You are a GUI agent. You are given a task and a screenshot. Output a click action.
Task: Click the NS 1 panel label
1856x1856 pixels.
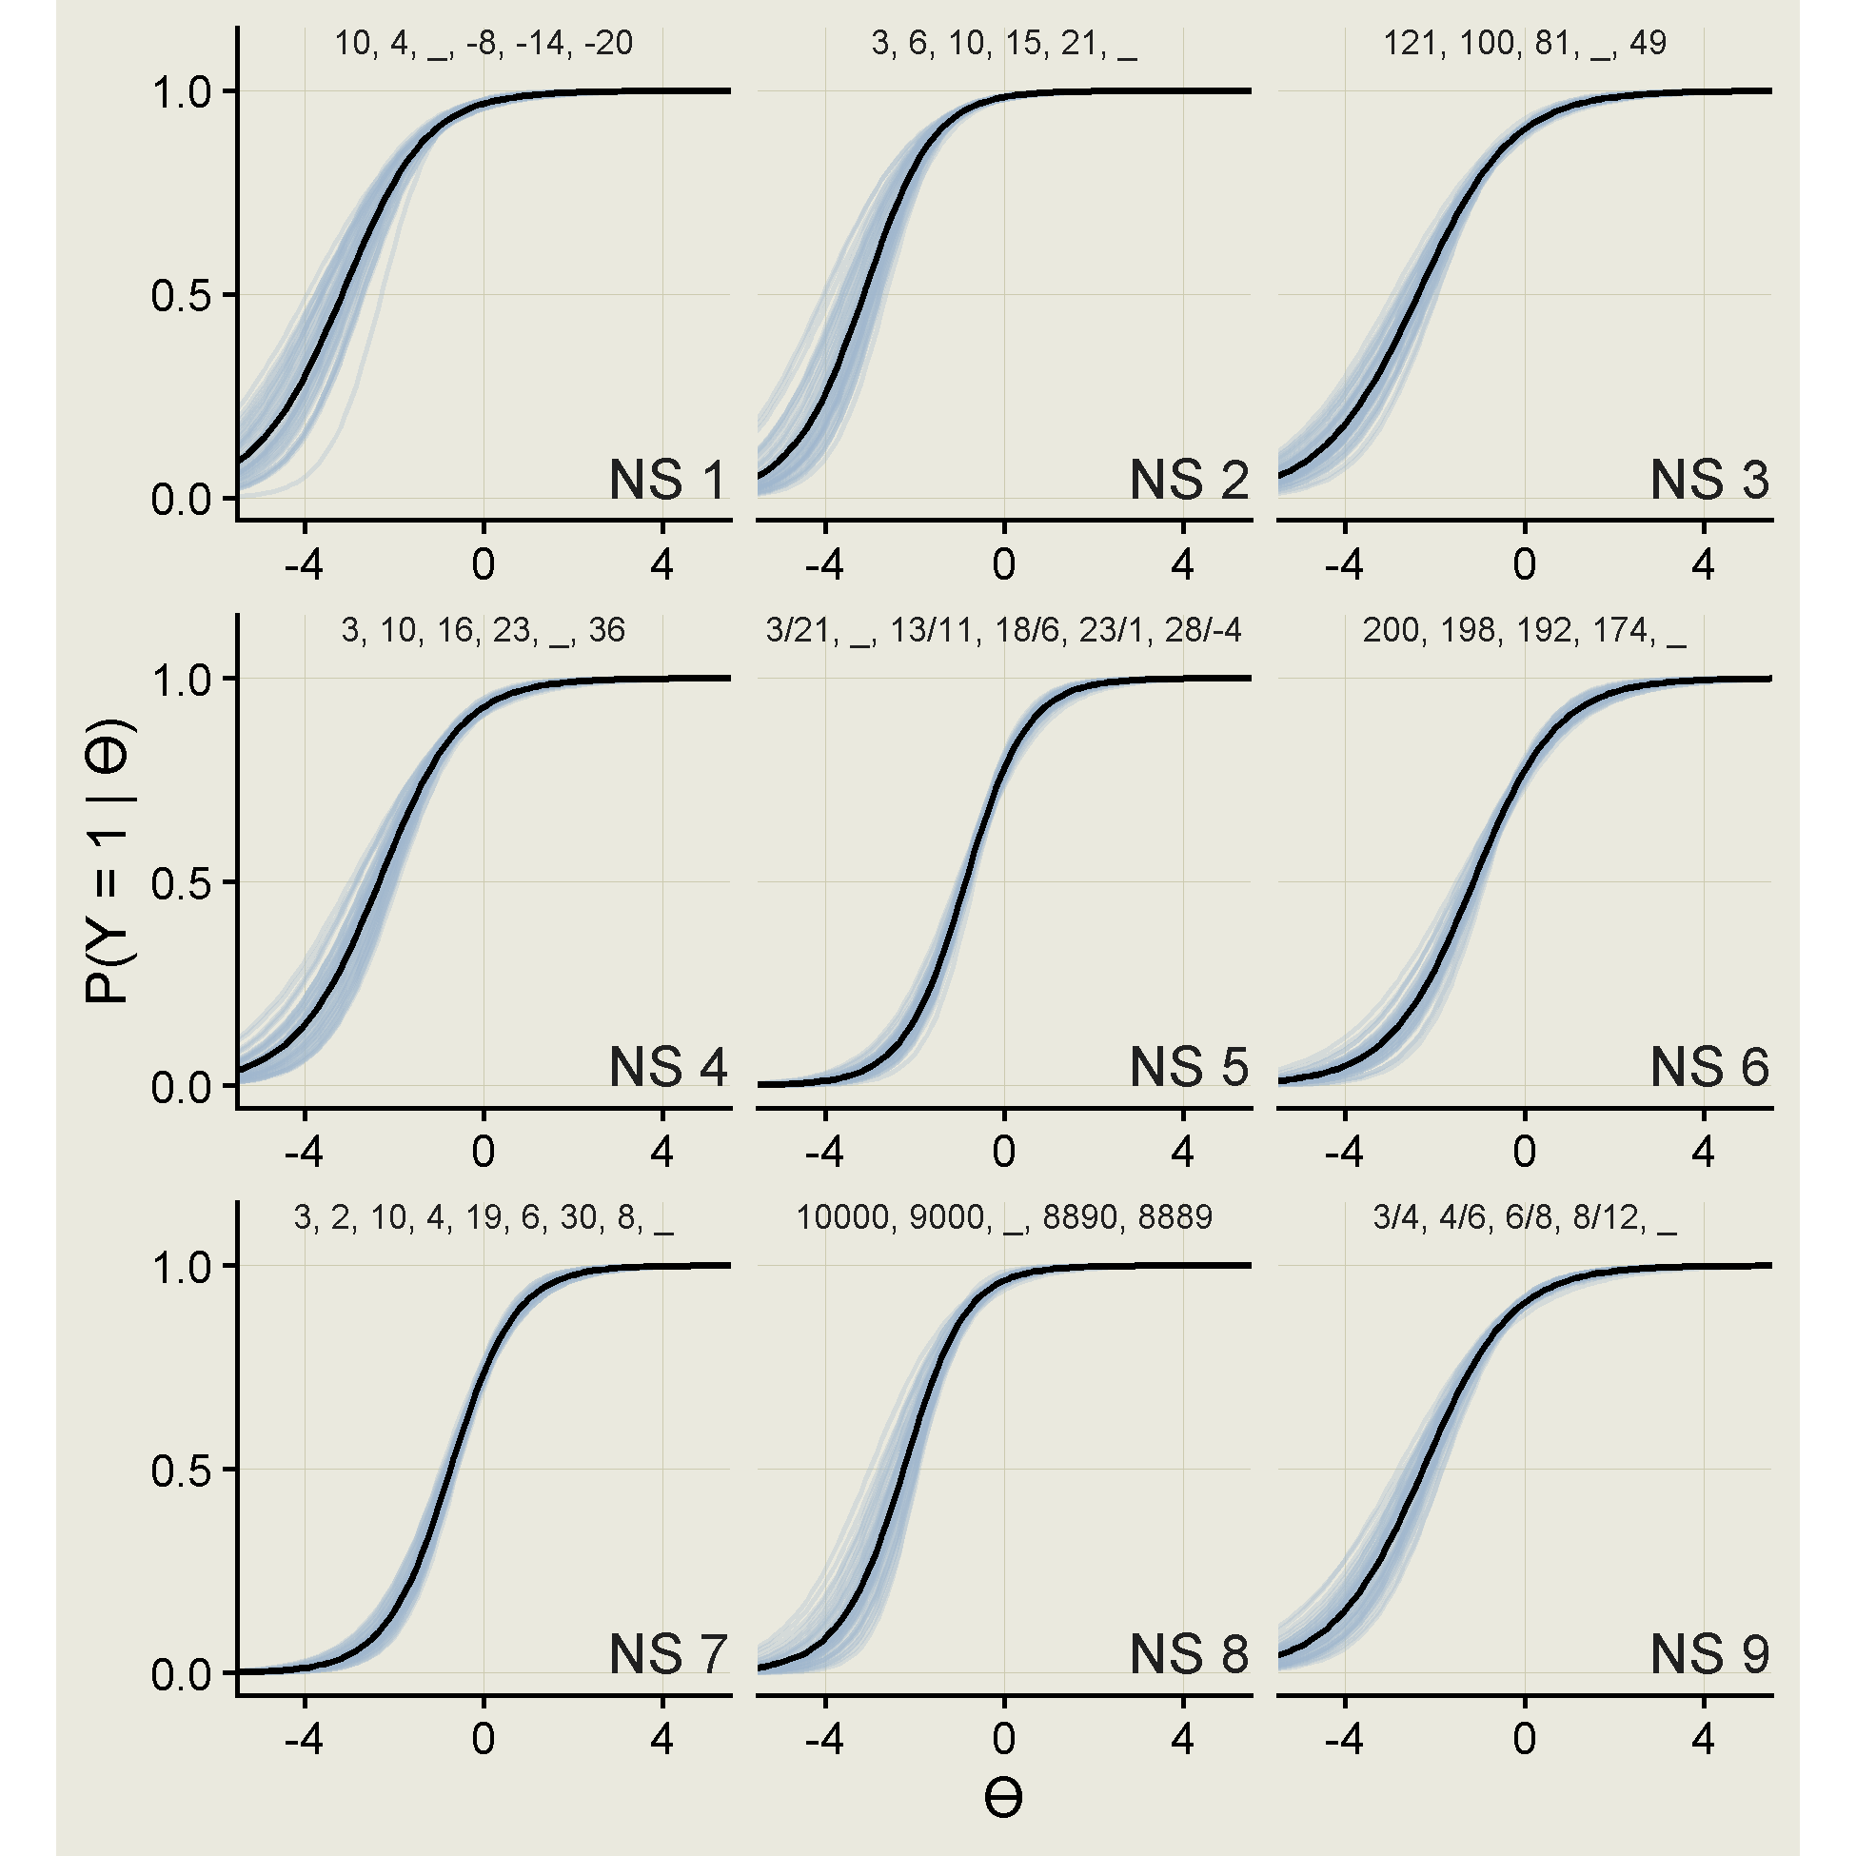pos(667,480)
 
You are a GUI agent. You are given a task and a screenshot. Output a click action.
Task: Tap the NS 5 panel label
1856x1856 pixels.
pos(1189,1067)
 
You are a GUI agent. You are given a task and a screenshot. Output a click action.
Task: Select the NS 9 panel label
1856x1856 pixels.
pos(1709,1654)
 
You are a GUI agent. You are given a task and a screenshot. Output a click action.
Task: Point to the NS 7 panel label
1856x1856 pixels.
pos(667,1654)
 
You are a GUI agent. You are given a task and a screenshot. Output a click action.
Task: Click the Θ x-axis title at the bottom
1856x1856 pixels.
pos(1003,1799)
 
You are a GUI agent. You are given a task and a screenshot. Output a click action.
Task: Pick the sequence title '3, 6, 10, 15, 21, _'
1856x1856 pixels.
pos(1004,44)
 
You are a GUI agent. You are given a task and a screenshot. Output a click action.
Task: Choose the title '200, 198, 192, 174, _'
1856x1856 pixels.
pos(1524,631)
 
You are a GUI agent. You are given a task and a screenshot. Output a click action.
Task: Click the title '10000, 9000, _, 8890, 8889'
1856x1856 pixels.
pos(1004,1218)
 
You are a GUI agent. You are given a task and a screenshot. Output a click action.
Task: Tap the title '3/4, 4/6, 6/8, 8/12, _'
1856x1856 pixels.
pos(1525,1218)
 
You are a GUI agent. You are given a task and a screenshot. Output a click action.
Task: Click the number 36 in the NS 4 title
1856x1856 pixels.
pos(606,630)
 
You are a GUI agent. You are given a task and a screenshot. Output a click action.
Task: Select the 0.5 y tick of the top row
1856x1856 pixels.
pos(181,296)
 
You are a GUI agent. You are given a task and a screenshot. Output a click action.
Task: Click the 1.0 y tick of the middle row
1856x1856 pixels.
pos(181,681)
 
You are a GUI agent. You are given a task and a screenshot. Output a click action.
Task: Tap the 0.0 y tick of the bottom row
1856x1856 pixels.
pos(181,1674)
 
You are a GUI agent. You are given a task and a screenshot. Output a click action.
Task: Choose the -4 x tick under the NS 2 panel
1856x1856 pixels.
pos(824,564)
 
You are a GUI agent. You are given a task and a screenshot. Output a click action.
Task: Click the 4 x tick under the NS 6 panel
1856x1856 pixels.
pos(1704,1152)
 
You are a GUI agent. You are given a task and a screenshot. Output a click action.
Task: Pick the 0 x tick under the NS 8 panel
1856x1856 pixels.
pos(1004,1739)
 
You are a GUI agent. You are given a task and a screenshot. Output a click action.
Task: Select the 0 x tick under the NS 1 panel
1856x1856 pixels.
pos(484,564)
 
